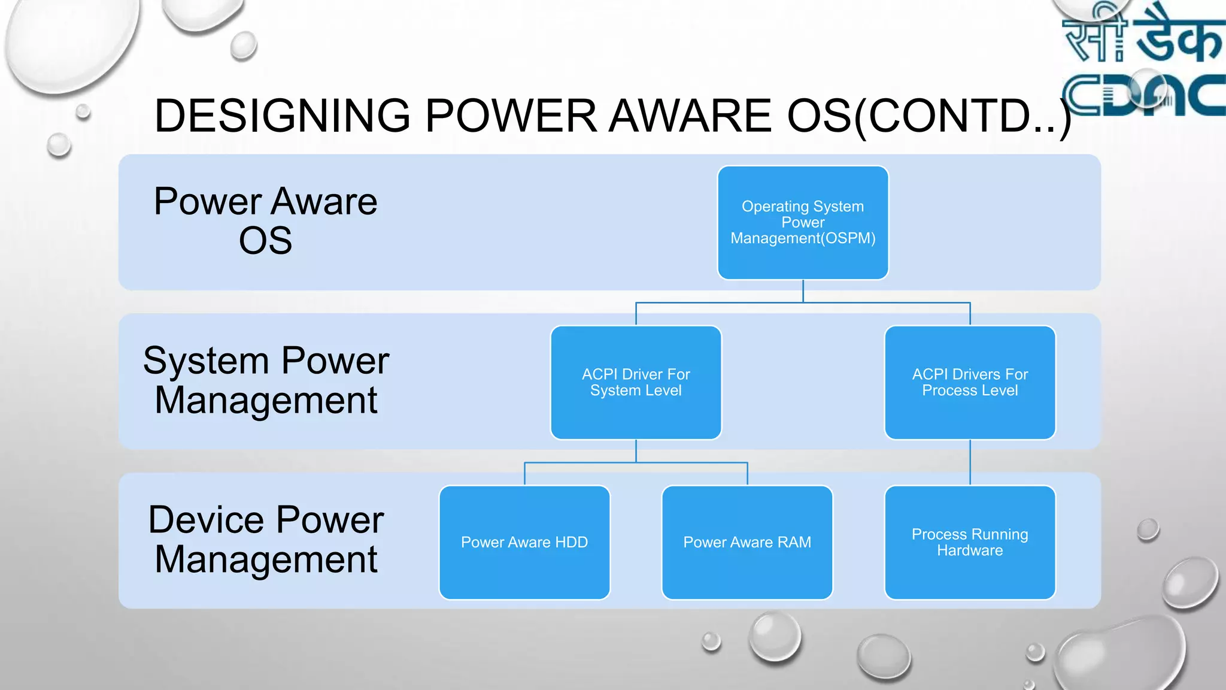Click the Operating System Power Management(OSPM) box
[803, 222]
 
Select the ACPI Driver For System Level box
[636, 382]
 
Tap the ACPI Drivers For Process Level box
[970, 382]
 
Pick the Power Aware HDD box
[524, 542]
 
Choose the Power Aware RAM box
[747, 542]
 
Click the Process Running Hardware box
[970, 542]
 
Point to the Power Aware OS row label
[265, 220]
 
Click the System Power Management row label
[266, 380]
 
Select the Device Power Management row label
[266, 539]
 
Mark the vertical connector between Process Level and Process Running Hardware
[970, 462]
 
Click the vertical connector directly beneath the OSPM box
[803, 291]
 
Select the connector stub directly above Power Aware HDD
[525, 473]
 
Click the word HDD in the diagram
[571, 542]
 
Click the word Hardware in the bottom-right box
[970, 550]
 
